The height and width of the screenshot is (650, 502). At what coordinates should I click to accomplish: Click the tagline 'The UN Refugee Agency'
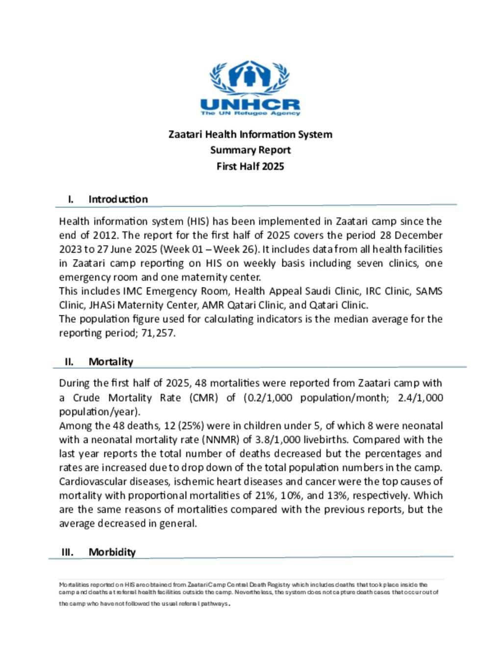(251, 113)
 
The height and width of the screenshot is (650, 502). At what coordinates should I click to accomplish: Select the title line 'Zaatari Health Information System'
(250, 134)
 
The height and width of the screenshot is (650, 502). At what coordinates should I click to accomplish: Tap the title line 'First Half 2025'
(250, 166)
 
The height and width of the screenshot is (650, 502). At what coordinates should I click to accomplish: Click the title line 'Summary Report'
(250, 150)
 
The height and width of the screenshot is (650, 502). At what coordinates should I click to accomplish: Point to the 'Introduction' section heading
(118, 199)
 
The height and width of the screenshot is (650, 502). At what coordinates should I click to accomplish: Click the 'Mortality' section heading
(111, 362)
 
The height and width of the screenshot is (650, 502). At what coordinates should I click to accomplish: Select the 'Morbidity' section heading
(112, 552)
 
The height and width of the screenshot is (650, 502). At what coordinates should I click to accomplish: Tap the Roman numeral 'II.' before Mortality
(69, 362)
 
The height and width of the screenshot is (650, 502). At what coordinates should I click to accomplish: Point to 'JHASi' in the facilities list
(101, 305)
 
